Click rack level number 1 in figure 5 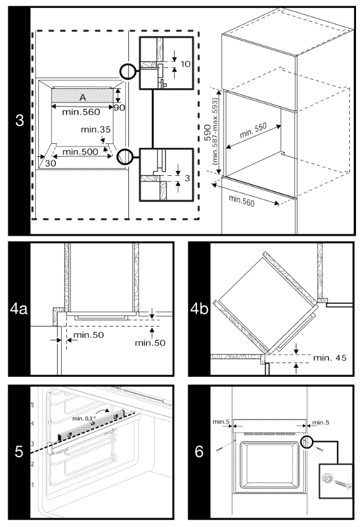tap(31, 485)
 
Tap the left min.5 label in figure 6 tap(220, 423)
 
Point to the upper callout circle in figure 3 tap(128, 71)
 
